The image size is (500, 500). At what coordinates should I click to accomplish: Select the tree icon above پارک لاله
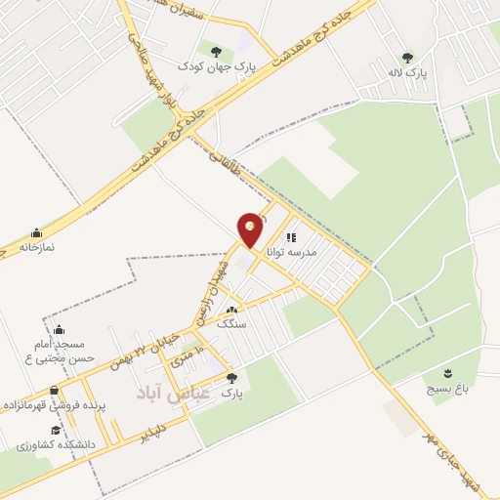(x=407, y=58)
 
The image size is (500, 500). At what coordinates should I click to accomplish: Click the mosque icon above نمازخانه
(x=37, y=232)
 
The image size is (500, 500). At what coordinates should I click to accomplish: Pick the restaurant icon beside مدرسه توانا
(x=290, y=236)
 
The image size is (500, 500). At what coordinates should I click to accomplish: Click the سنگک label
(x=233, y=323)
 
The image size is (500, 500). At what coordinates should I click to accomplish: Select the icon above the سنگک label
(x=231, y=310)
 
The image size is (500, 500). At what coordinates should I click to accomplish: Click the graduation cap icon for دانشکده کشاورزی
(x=56, y=430)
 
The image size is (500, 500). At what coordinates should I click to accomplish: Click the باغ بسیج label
(x=446, y=388)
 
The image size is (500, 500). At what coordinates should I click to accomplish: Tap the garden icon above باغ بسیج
(x=448, y=373)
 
